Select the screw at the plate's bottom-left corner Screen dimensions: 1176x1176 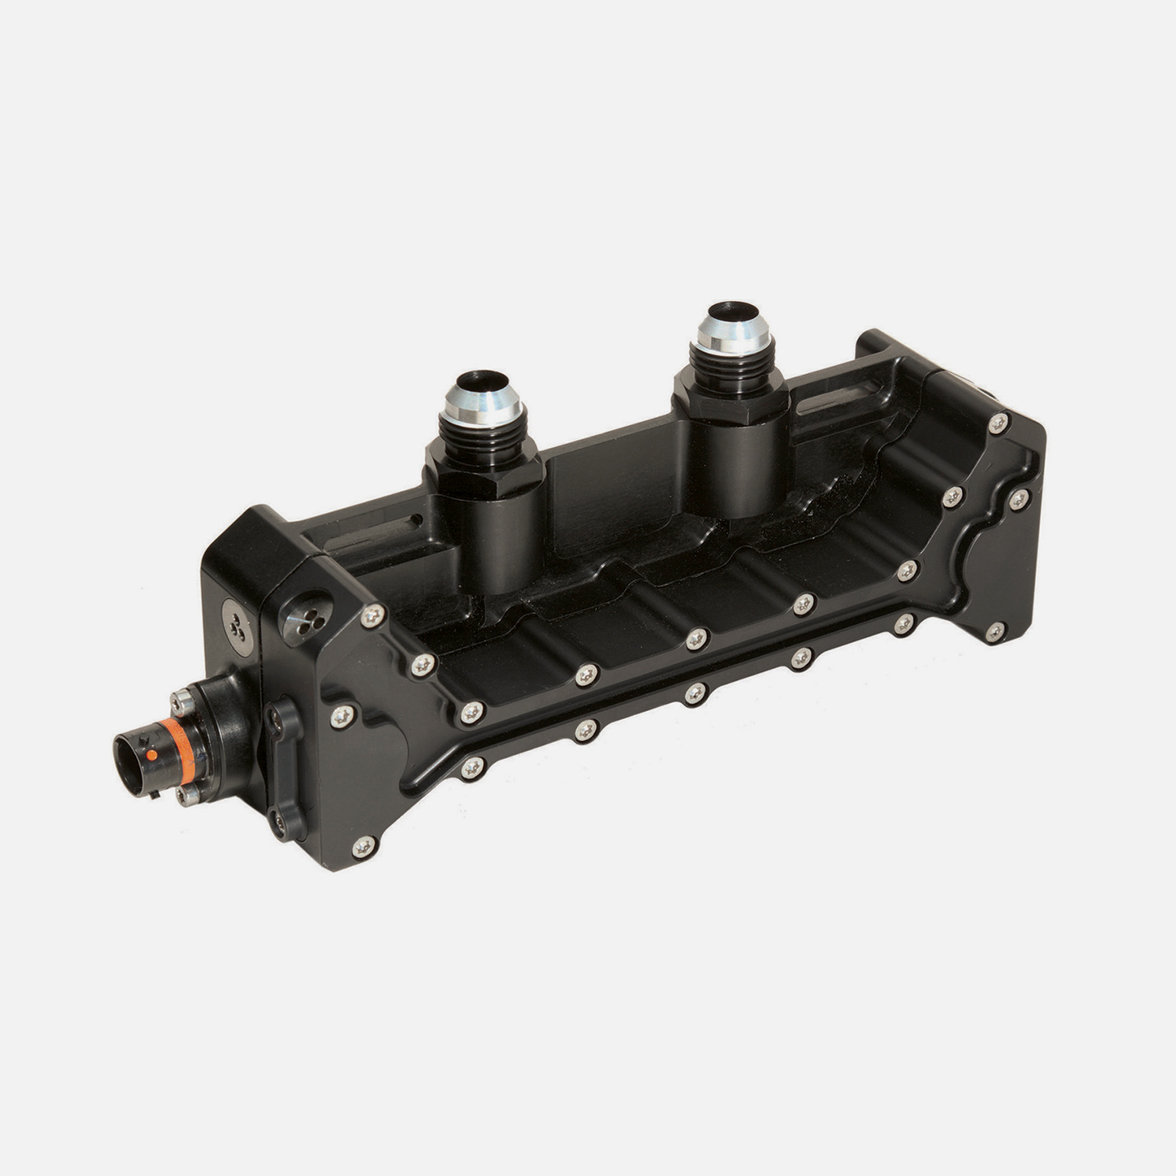363,845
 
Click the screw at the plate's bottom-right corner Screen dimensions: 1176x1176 996,630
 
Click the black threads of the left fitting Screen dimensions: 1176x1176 480,430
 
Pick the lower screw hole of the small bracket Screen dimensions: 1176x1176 279,820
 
